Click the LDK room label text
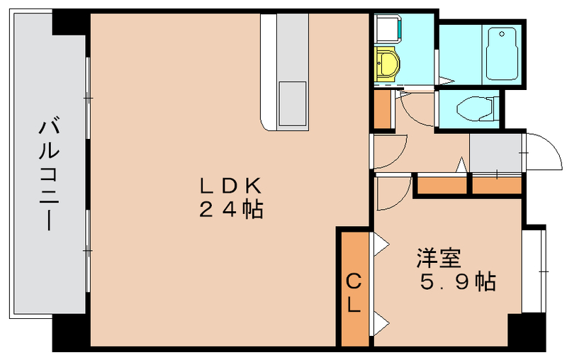coord(231,186)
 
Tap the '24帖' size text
coord(231,210)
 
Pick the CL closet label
coord(354,293)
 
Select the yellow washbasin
coord(387,64)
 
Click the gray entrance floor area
coord(495,151)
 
